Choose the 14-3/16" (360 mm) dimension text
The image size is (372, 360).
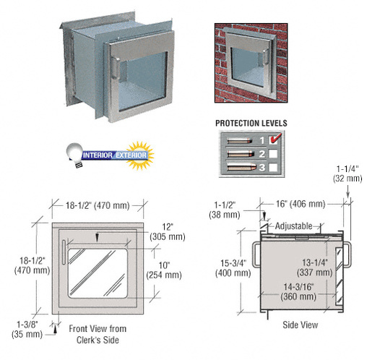point(297,291)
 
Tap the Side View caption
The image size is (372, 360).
point(299,325)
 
